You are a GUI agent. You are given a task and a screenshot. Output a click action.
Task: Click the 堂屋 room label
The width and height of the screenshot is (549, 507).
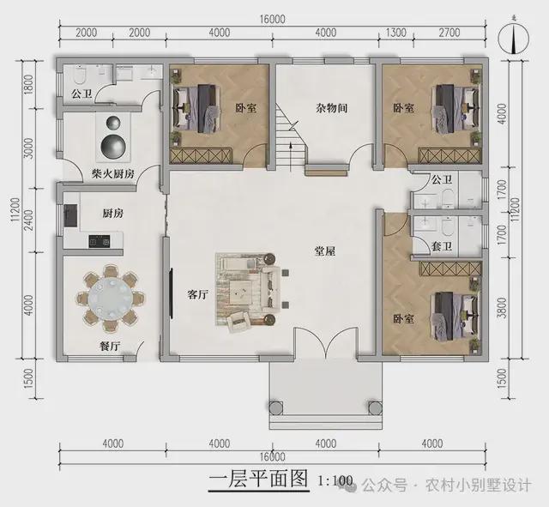click(325, 251)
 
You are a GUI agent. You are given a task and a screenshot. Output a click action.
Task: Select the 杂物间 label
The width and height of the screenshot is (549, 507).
click(331, 108)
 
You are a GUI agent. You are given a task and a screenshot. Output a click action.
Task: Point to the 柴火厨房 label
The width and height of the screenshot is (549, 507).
click(113, 173)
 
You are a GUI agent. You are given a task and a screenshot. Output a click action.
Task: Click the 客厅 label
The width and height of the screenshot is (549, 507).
click(197, 294)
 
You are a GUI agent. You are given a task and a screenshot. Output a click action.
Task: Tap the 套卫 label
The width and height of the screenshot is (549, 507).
click(441, 246)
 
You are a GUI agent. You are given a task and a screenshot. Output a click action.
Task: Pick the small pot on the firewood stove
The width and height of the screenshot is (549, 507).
click(113, 123)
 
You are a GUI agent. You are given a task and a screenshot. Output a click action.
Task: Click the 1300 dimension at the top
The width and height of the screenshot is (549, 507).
click(396, 33)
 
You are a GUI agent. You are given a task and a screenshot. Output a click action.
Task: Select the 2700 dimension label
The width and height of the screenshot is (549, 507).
click(449, 33)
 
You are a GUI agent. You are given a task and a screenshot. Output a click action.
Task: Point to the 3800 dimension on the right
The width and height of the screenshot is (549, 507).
click(502, 307)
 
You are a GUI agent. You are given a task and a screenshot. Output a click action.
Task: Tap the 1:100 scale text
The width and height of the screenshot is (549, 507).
click(335, 480)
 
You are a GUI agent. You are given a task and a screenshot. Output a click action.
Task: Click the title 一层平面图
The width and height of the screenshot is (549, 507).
click(258, 479)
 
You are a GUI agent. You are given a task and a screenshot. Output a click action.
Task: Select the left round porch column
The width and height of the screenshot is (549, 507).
click(275, 407)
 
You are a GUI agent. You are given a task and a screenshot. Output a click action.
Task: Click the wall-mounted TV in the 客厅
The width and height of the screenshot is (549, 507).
click(172, 293)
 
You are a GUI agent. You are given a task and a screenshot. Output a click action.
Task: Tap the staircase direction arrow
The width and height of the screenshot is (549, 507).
click(290, 156)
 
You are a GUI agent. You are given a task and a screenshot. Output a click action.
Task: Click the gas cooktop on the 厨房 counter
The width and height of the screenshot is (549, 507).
click(100, 241)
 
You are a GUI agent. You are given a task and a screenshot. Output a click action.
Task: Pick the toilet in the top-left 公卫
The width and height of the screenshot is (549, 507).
click(80, 75)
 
